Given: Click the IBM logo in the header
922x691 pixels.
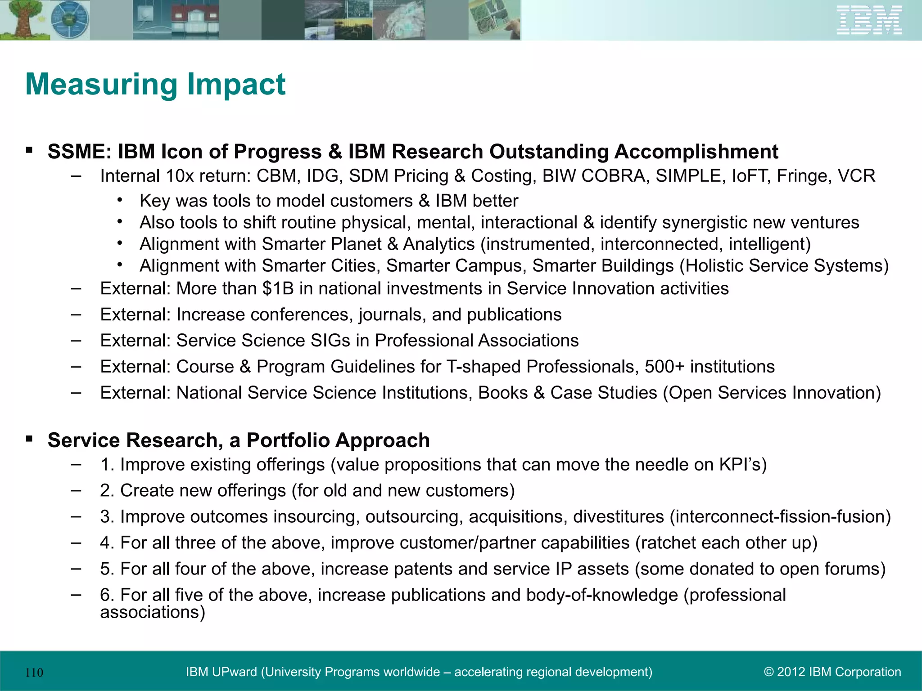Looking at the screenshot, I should tap(869, 20).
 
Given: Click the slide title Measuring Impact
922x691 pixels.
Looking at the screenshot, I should tap(155, 84).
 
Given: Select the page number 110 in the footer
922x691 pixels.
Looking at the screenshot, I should tap(34, 673).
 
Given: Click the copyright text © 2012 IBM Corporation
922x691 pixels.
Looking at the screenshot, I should tap(832, 672).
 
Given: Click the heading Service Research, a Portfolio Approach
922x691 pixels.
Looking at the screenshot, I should tap(239, 440).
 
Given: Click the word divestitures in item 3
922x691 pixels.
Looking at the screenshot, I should tap(618, 517).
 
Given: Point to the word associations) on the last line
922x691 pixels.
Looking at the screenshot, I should tap(153, 612).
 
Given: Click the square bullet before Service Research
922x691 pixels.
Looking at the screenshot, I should tap(29, 439).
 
